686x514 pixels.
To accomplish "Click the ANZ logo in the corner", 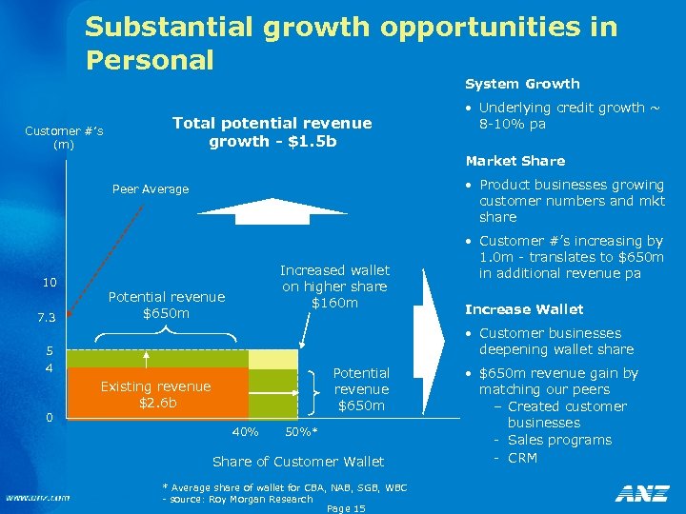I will [x=642, y=494].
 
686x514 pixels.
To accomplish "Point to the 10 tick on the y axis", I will [x=50, y=283].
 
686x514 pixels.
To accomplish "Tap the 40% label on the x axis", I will [x=246, y=432].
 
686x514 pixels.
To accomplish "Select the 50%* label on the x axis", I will [x=302, y=432].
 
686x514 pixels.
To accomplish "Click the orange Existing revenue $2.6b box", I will [x=155, y=394].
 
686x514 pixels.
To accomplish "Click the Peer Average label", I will [x=151, y=189].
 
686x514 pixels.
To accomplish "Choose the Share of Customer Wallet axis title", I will [x=298, y=462].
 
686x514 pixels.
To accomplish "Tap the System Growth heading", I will [x=522, y=84].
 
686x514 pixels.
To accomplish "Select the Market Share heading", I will [x=514, y=161].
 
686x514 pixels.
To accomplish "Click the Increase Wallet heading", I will [x=523, y=308].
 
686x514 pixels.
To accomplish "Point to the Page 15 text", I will [x=346, y=509].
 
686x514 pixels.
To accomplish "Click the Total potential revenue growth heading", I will [x=272, y=132].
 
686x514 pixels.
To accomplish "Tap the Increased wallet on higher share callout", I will [x=334, y=287].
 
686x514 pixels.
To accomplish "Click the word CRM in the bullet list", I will [x=522, y=458].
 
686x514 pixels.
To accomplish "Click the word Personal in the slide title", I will [x=150, y=60].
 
